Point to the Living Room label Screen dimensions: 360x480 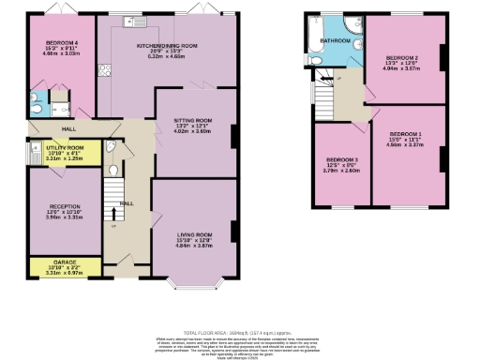[x=191, y=234]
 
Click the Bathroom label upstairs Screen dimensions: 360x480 [x=336, y=41]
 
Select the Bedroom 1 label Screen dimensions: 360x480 [x=405, y=135]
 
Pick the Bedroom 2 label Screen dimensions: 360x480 [x=402, y=57]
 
